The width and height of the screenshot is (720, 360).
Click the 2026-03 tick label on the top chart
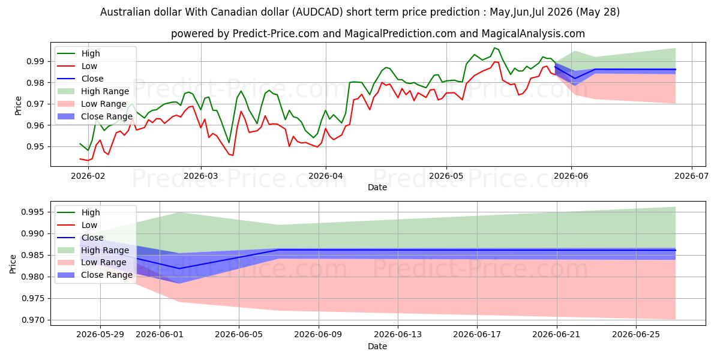pos(200,176)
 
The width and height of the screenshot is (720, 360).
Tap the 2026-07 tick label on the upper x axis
pos(691,176)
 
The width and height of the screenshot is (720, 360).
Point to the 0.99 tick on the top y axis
pos(35,61)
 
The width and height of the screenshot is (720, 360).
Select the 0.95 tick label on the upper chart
pos(35,146)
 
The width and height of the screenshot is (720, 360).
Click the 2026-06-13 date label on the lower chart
pos(398,335)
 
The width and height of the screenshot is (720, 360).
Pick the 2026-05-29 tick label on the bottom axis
pos(100,335)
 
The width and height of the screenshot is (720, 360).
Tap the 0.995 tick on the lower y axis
pos(33,212)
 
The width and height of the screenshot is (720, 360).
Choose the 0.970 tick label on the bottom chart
pos(33,320)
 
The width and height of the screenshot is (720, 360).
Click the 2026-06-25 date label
pos(636,335)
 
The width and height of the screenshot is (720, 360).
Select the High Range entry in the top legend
pos(105,91)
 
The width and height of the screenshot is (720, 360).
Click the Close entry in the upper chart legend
pos(92,79)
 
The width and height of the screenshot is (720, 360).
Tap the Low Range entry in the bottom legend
pos(103,262)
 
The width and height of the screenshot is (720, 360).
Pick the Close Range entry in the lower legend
pos(107,275)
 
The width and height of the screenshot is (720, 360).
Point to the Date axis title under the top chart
pos(377,187)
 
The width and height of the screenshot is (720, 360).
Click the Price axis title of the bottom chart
pos(13,264)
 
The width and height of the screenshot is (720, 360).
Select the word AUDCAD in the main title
pos(317,12)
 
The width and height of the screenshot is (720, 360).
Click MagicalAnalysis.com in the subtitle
pos(533,34)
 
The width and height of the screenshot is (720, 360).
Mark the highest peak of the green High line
pos(494,48)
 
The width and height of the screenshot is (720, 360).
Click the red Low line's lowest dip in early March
pos(233,155)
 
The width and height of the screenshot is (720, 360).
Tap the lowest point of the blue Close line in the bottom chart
pos(179,268)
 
